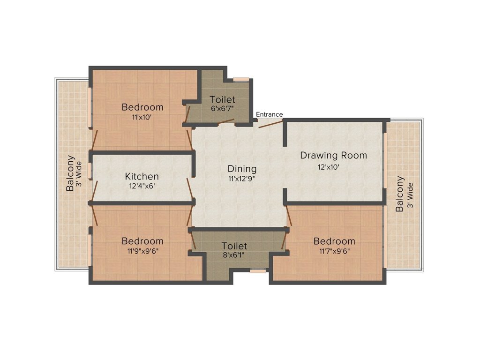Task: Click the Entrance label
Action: click(x=269, y=114)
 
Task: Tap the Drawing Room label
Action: click(x=333, y=155)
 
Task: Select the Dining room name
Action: click(x=242, y=168)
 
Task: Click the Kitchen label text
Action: click(x=142, y=177)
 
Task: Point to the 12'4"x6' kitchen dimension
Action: click(x=142, y=186)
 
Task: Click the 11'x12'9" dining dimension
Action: click(x=242, y=178)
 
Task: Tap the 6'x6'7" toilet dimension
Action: click(x=222, y=108)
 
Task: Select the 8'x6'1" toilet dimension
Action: click(x=234, y=255)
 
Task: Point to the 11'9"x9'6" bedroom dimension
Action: click(x=142, y=251)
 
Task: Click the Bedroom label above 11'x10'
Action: click(x=142, y=107)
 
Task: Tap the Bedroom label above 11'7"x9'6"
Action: click(x=334, y=241)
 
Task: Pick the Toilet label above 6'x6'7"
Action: click(x=222, y=99)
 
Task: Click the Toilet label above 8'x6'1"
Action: click(x=234, y=246)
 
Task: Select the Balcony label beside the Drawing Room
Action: click(x=399, y=194)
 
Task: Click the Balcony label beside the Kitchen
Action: click(x=70, y=173)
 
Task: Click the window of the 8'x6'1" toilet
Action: click(x=257, y=270)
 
